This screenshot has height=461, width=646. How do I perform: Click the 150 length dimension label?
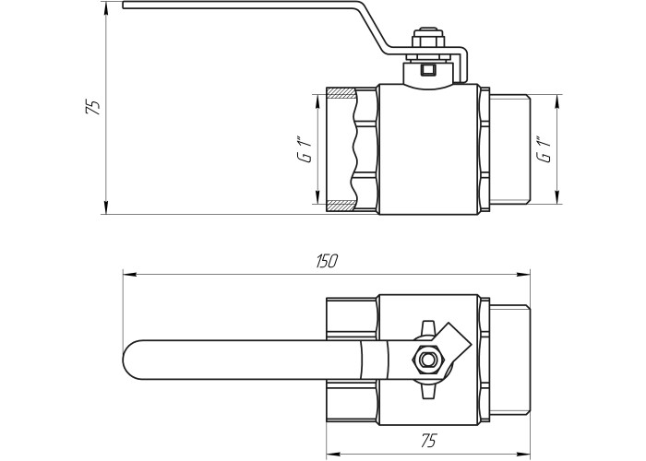[x=327, y=261]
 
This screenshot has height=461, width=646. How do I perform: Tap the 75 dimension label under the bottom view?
[x=428, y=441]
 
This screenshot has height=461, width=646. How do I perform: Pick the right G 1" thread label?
[x=544, y=149]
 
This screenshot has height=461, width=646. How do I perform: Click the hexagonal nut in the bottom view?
[x=426, y=360]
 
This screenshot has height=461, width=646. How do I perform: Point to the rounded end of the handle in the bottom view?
[x=133, y=360]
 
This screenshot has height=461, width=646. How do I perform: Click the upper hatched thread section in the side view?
[x=341, y=92]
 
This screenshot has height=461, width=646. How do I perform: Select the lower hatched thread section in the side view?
[x=341, y=206]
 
